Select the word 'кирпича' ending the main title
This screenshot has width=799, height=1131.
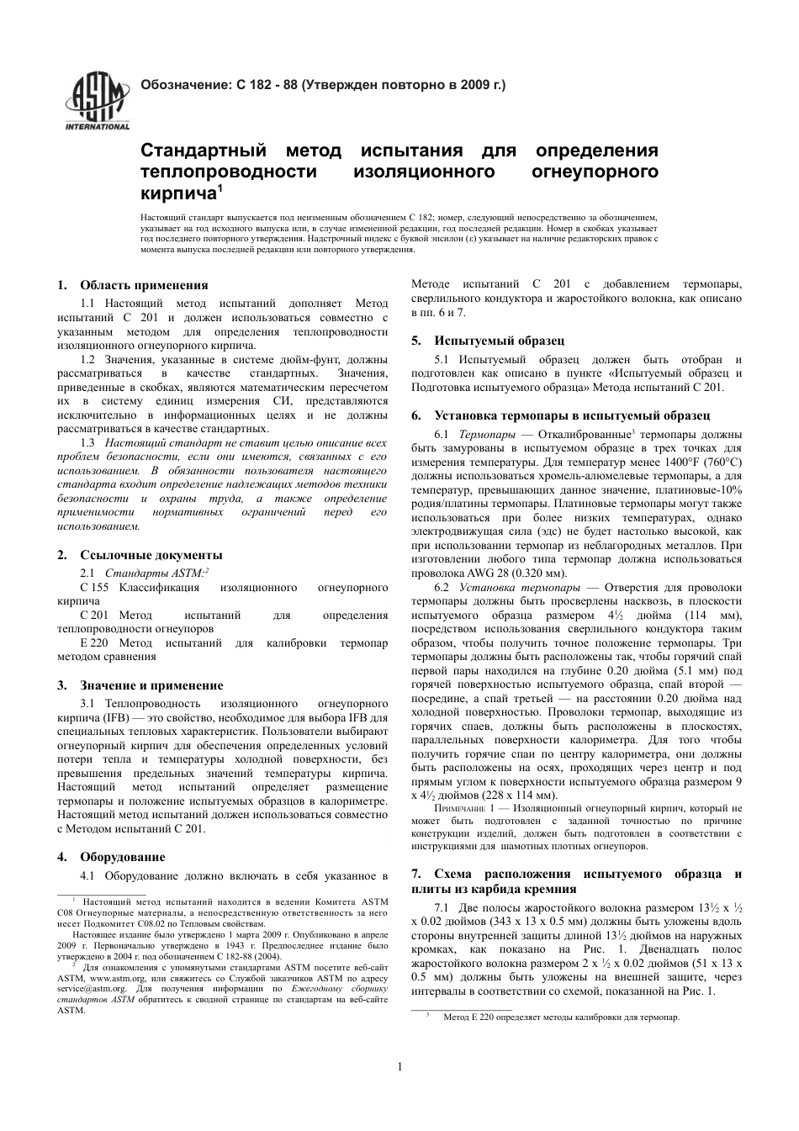178,193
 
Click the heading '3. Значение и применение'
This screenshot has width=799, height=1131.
151,685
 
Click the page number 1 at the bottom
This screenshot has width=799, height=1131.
399,1067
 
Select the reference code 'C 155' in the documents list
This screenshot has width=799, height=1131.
94,587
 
